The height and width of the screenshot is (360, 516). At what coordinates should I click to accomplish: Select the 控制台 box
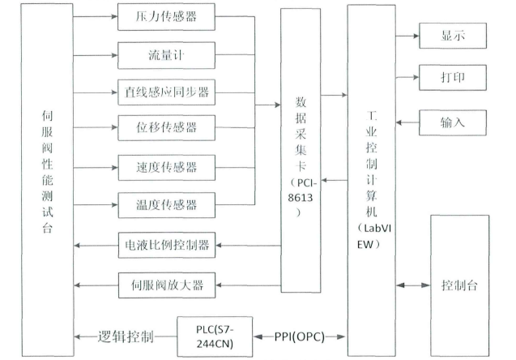tap(459, 285)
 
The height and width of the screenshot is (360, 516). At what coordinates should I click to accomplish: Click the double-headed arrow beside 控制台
tap(413, 285)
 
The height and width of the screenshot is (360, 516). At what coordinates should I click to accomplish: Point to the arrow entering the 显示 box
tap(407, 36)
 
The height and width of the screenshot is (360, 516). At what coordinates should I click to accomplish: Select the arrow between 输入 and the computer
tap(407, 122)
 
